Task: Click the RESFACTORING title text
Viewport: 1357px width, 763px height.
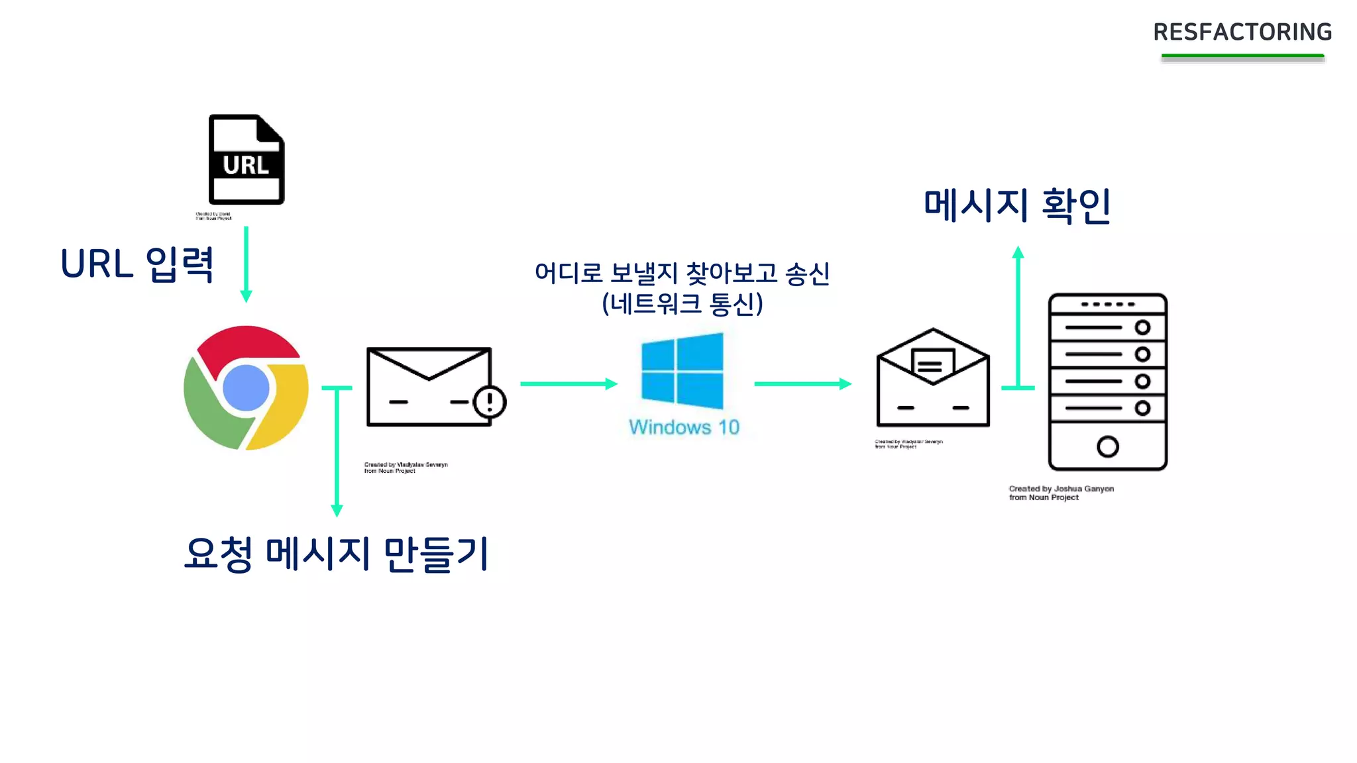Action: point(1242,32)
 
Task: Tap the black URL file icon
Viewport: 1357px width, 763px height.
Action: point(246,160)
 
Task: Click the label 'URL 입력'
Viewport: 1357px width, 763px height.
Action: point(137,264)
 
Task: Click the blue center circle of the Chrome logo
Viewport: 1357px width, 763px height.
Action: point(246,387)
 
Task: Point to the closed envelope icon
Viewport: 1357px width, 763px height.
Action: point(429,387)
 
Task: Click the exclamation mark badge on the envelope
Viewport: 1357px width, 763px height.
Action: point(490,401)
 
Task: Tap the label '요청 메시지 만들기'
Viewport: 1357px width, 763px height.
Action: point(337,554)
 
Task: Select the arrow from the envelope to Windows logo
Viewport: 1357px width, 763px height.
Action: point(569,383)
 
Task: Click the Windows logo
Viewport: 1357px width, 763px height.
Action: point(682,371)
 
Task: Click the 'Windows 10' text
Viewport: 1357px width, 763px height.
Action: point(684,427)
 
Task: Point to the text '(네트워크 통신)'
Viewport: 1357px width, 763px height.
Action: point(682,304)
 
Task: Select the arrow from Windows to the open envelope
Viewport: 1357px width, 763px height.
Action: point(802,383)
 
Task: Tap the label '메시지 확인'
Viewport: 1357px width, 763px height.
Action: point(1017,205)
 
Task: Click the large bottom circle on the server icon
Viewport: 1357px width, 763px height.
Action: point(1107,446)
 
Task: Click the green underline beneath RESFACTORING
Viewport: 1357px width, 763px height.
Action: point(1242,57)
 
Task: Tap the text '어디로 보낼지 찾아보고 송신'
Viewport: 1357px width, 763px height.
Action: point(682,273)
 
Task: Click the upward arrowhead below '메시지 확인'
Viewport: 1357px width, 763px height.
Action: point(1018,252)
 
